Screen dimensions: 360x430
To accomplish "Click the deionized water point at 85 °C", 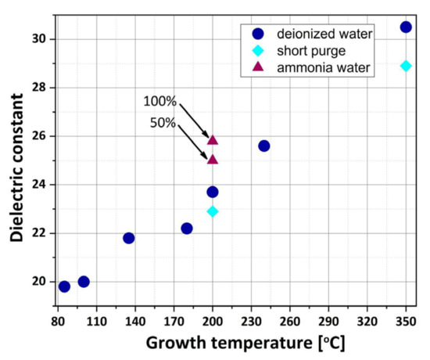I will tap(64, 286).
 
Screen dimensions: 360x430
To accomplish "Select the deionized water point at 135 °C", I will tap(129, 238).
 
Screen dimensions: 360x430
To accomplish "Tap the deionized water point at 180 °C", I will tap(187, 229).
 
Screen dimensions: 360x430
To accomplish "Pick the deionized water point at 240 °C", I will tap(264, 146).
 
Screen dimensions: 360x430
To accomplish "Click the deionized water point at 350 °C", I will tap(406, 27).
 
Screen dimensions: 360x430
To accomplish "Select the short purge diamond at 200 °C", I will tap(213, 211).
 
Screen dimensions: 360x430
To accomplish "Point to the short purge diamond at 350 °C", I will tap(406, 66).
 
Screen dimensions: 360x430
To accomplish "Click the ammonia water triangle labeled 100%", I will tap(213, 140).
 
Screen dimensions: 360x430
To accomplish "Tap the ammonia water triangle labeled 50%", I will tap(213, 160).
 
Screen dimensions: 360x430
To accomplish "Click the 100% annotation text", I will tap(159, 102).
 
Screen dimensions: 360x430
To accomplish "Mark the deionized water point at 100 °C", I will tap(84, 282).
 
